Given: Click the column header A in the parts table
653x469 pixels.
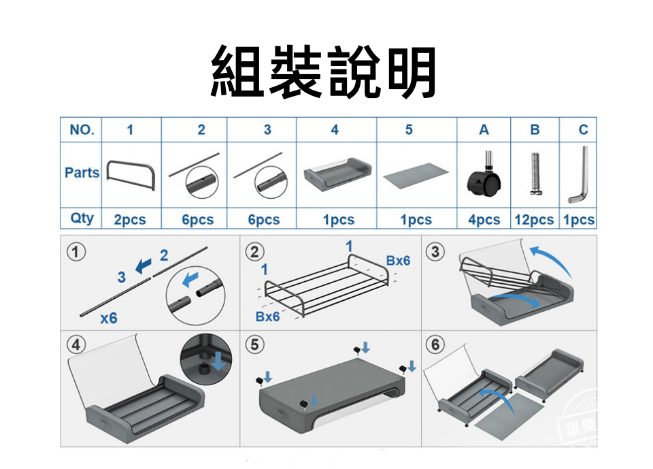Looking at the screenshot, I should click(x=484, y=129).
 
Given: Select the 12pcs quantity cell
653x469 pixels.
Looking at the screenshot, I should click(x=534, y=220).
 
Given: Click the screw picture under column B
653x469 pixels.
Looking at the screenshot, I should click(x=535, y=175).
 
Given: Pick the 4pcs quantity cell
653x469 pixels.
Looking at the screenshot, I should click(x=484, y=220).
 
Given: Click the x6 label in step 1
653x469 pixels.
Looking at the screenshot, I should click(x=108, y=318).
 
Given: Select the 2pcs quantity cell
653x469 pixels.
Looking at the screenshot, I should click(x=129, y=220).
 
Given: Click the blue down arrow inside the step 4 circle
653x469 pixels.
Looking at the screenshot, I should click(x=218, y=361).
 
